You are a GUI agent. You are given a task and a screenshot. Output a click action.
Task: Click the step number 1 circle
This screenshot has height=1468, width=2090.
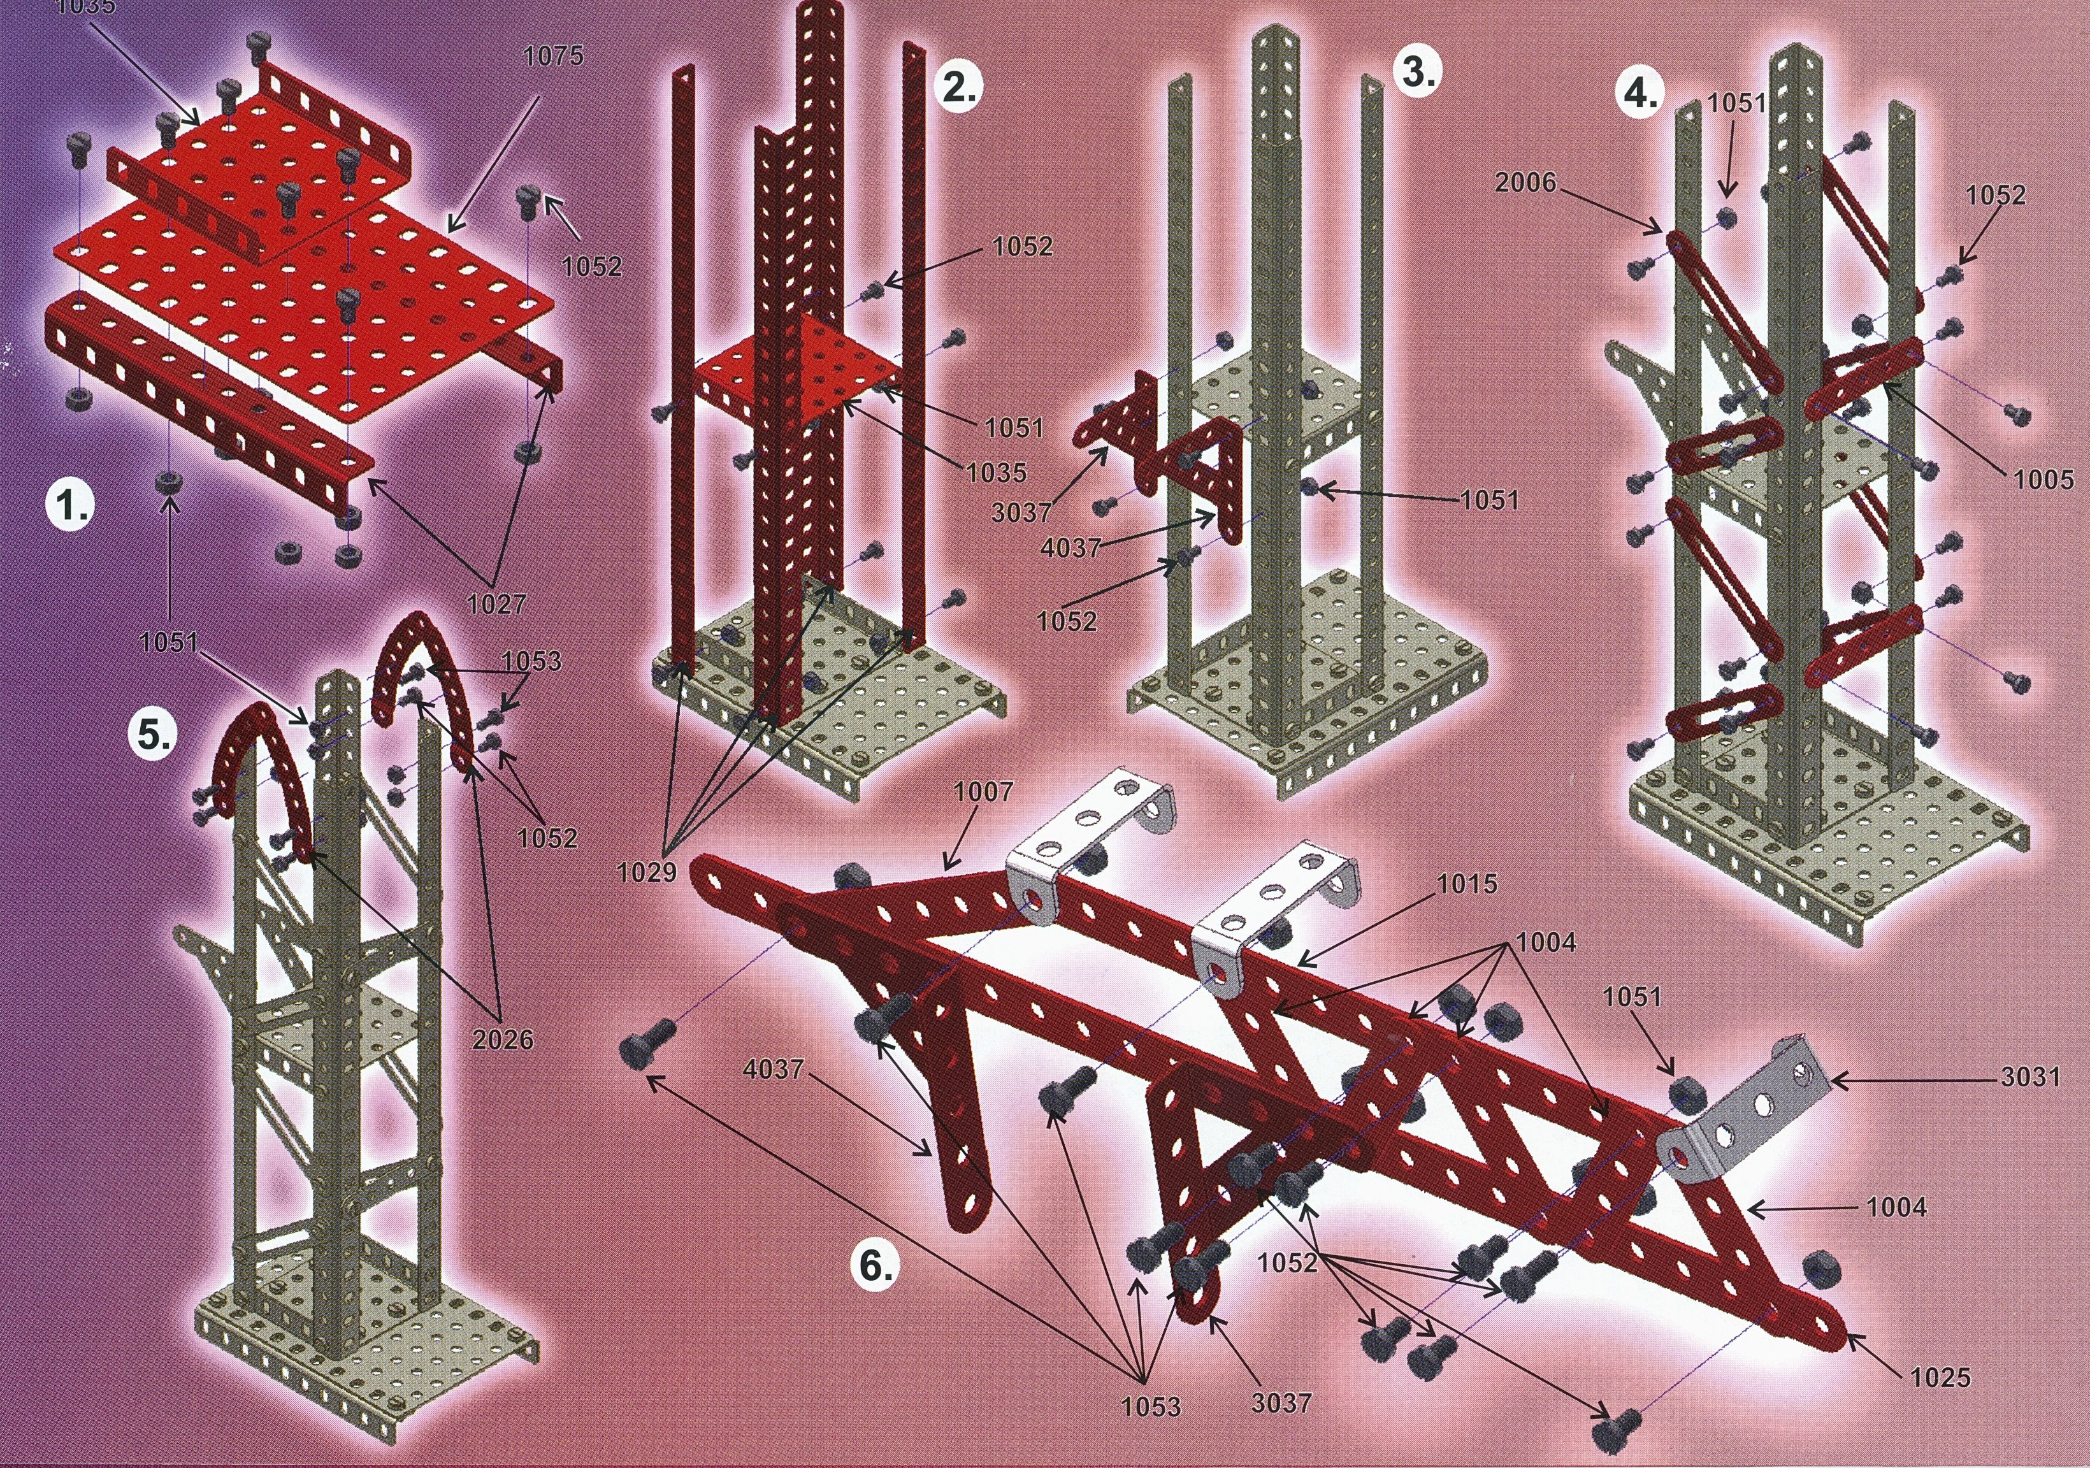click(x=71, y=505)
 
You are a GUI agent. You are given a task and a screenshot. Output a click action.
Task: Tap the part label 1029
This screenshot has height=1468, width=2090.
click(x=647, y=872)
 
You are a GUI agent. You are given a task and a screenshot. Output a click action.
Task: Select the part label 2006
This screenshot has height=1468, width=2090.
click(x=1525, y=183)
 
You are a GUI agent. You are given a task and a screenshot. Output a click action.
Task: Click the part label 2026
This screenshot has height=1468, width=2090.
click(x=503, y=1039)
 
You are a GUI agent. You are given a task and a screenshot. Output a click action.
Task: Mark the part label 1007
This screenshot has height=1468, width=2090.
click(x=983, y=792)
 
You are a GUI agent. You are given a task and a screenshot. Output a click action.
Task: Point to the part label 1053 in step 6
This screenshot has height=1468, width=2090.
click(x=1151, y=1406)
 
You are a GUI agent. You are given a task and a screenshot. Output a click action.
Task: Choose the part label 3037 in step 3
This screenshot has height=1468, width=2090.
click(x=1021, y=512)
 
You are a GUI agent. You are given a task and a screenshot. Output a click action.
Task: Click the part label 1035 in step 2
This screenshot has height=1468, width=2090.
click(x=997, y=472)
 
